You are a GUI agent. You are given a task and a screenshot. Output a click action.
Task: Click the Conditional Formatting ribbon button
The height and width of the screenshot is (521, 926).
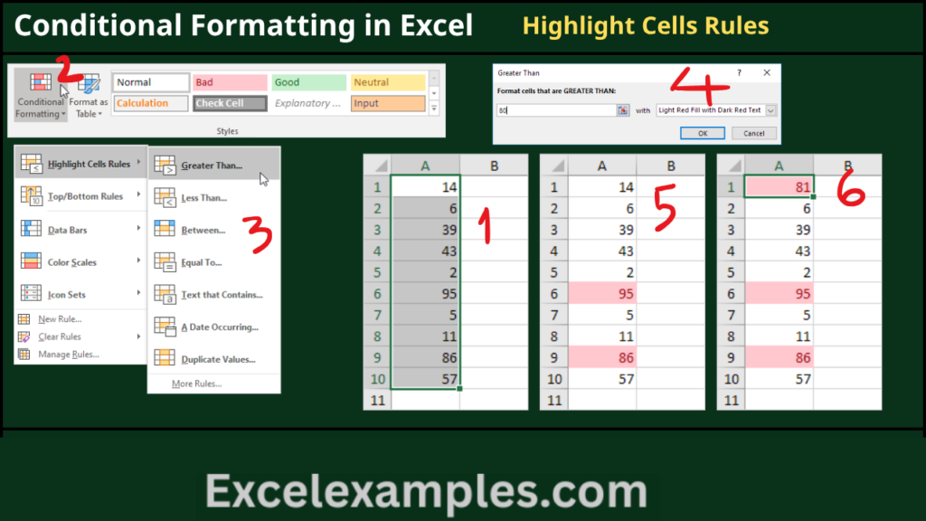[40, 95]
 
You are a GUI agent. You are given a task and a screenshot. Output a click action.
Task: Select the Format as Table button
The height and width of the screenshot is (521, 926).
[89, 95]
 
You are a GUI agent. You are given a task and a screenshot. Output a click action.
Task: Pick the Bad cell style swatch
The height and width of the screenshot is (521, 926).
[230, 82]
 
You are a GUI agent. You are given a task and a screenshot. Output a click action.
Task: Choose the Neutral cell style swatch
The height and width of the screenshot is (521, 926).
[387, 82]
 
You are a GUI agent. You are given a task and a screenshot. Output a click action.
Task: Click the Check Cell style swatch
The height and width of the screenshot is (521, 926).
[230, 103]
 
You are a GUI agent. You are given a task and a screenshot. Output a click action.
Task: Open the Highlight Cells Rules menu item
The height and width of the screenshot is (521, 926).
[80, 164]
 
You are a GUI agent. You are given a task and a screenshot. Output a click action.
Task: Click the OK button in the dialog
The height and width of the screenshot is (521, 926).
[702, 134]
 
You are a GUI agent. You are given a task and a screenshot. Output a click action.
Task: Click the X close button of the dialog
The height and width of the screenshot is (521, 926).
[767, 72]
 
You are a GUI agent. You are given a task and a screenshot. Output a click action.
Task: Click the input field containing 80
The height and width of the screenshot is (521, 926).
[556, 110]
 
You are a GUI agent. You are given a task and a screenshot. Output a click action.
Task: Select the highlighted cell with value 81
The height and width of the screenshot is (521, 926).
[779, 186]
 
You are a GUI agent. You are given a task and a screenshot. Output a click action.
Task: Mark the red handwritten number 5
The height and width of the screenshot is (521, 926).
[665, 207]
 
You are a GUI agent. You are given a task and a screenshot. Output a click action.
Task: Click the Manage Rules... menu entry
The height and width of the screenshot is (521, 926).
[69, 355]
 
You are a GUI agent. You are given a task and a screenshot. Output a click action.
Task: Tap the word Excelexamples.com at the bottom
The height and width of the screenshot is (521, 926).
[426, 491]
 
